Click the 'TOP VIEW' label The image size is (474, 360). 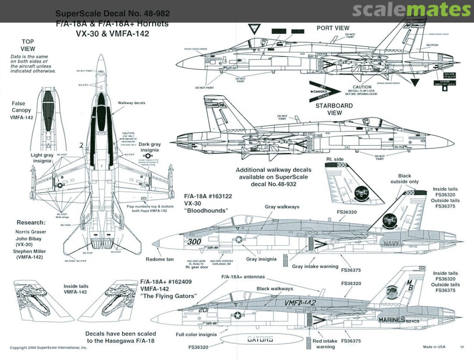(28, 45)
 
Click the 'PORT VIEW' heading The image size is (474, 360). (333, 28)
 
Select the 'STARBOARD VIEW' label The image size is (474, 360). (334, 109)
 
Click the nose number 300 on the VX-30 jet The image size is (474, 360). (194, 241)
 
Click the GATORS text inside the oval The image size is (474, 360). (260, 339)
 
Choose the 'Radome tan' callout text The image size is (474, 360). (160, 259)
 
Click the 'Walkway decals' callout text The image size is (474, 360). (131, 103)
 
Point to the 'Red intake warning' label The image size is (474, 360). (325, 344)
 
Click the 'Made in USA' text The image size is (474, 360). (434, 347)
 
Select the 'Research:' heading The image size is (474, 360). (31, 222)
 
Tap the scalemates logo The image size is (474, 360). (411, 10)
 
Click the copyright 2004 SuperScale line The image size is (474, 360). (49, 347)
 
